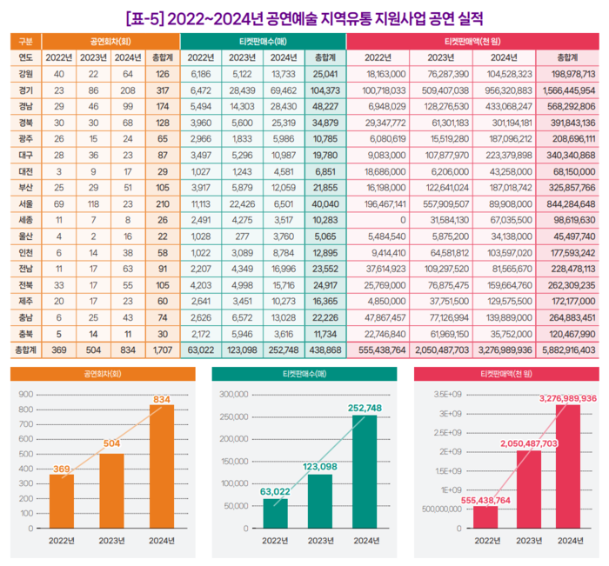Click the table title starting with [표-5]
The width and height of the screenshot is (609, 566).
(x=304, y=17)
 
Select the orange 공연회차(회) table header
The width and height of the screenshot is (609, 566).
(x=110, y=41)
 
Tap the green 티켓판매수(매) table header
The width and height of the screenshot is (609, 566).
(x=263, y=41)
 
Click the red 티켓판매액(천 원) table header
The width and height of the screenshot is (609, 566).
(x=477, y=41)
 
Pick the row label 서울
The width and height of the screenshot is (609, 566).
(x=26, y=202)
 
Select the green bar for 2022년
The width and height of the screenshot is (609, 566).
(x=275, y=513)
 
